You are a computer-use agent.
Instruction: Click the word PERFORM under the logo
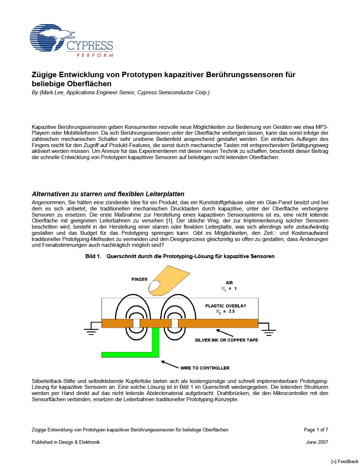point(95,55)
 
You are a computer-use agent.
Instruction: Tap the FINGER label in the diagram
point(139,280)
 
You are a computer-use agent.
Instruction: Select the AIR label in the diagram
point(229,283)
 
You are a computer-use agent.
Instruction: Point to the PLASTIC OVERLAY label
point(226,306)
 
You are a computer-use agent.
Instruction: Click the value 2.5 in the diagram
point(231,312)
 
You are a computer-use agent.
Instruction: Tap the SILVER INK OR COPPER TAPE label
point(226,340)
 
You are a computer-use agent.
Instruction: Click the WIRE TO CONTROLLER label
point(205,368)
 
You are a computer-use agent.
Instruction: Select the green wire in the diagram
point(155,346)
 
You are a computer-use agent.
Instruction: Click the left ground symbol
point(91,330)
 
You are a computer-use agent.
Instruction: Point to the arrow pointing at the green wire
point(169,364)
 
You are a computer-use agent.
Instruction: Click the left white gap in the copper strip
point(136,323)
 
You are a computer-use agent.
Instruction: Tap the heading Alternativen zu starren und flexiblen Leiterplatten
point(108,194)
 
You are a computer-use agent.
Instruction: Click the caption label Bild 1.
point(93,256)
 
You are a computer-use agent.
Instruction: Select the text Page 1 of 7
point(316,430)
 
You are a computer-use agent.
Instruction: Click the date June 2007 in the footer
point(317,442)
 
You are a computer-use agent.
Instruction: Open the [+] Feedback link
point(344,461)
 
